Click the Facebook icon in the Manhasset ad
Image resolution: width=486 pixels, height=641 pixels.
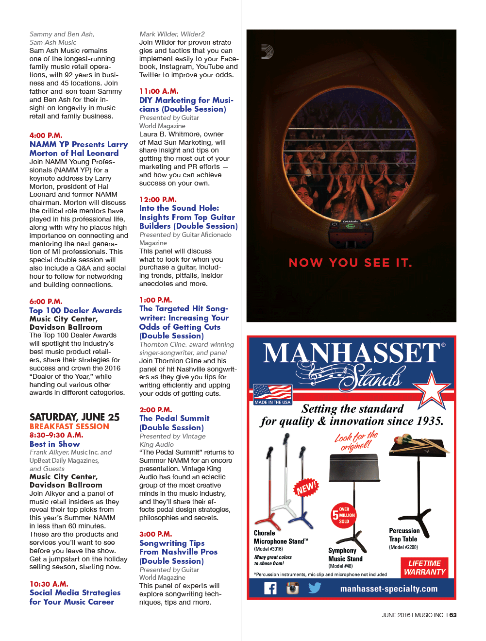[270, 589]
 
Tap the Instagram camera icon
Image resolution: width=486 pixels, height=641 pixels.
[292, 589]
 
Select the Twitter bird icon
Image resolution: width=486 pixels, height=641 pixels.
[315, 588]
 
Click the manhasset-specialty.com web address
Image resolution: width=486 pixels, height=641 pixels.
[388, 589]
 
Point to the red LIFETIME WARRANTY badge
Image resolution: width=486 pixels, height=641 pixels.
[424, 568]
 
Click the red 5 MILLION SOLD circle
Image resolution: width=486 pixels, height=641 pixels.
[344, 516]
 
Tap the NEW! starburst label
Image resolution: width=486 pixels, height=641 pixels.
[306, 488]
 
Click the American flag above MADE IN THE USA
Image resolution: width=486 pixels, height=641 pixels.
[272, 392]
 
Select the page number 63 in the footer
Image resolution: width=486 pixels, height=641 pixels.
[453, 615]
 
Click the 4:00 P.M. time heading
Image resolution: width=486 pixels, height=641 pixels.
[46, 135]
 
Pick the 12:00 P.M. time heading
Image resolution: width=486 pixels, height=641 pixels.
[158, 200]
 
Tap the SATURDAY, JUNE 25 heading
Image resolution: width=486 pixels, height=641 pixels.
[74, 417]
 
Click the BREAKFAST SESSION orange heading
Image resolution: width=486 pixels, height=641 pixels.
[69, 426]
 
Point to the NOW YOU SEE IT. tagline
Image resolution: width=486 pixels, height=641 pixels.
[351, 263]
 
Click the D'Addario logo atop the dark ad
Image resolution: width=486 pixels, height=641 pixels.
[267, 52]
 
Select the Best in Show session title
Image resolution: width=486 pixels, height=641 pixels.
[54, 444]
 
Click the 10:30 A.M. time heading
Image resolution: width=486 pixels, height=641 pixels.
[49, 584]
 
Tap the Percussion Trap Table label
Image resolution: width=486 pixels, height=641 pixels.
[404, 535]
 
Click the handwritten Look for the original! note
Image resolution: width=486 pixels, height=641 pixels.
[356, 441]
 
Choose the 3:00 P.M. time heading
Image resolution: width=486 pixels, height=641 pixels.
[155, 534]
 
